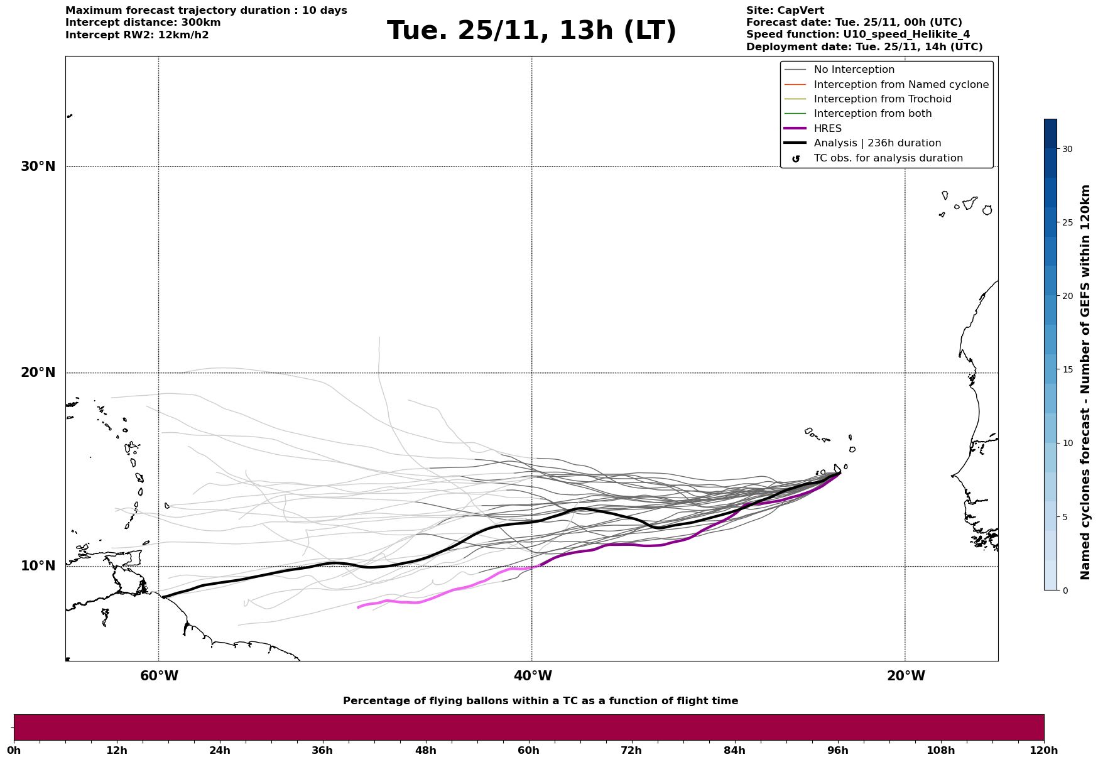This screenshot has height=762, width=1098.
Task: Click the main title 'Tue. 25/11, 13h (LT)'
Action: click(x=531, y=31)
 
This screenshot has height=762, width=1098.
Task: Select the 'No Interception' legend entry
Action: click(x=854, y=70)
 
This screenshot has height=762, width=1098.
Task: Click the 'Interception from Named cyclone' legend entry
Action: click(x=901, y=85)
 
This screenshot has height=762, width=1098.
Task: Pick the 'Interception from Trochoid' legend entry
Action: click(x=882, y=99)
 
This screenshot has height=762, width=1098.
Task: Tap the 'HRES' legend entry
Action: click(x=827, y=129)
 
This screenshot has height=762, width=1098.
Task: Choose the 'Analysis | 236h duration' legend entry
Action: click(x=877, y=143)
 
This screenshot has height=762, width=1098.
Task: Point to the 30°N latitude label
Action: click(x=38, y=166)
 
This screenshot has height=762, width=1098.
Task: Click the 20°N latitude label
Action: click(x=38, y=373)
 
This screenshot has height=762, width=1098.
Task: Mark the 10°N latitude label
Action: click(x=38, y=566)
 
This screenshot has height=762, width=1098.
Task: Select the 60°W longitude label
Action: click(x=159, y=676)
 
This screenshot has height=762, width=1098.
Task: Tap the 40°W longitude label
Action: click(x=533, y=676)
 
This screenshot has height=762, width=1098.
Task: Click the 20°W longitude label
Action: click(x=906, y=676)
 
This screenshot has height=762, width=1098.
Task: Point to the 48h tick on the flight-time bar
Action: click(x=426, y=750)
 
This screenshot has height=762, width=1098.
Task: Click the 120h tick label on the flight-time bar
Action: click(x=1043, y=750)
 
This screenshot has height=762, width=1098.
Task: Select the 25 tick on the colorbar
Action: click(x=1067, y=222)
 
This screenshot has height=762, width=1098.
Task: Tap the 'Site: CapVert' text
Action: click(x=785, y=11)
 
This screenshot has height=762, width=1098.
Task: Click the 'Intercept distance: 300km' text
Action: click(x=143, y=23)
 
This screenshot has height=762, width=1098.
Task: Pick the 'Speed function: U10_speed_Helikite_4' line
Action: click(x=857, y=35)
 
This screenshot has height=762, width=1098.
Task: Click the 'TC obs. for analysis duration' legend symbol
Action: click(x=796, y=159)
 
